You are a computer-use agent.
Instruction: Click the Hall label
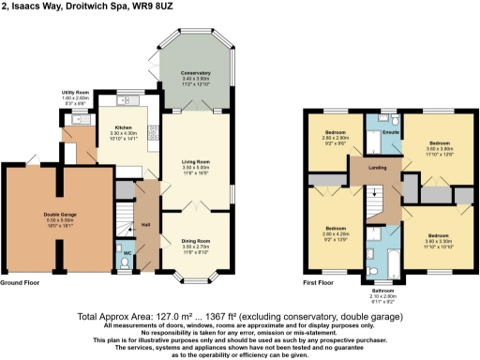click(x=145, y=225)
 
